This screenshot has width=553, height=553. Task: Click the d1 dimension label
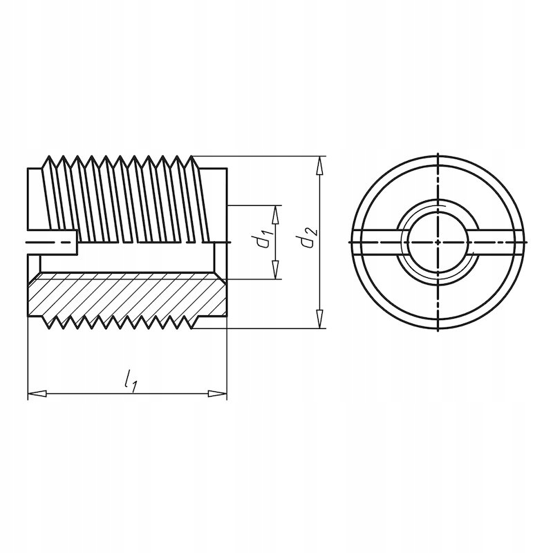coord(264,238)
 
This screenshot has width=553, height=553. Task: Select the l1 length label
coord(130,381)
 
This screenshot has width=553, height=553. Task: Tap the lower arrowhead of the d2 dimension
coord(319,319)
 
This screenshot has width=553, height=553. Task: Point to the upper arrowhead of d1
coord(275,214)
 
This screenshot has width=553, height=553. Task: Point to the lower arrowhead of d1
coord(275,270)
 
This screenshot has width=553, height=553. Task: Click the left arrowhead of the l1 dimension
coord(37,393)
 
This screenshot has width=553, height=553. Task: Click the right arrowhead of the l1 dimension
coord(218,393)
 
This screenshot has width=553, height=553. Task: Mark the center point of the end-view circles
coord(438,243)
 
